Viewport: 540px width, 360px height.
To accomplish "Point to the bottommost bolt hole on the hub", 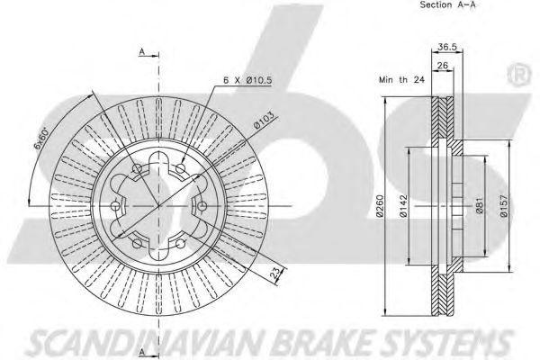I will pos(135,245).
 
